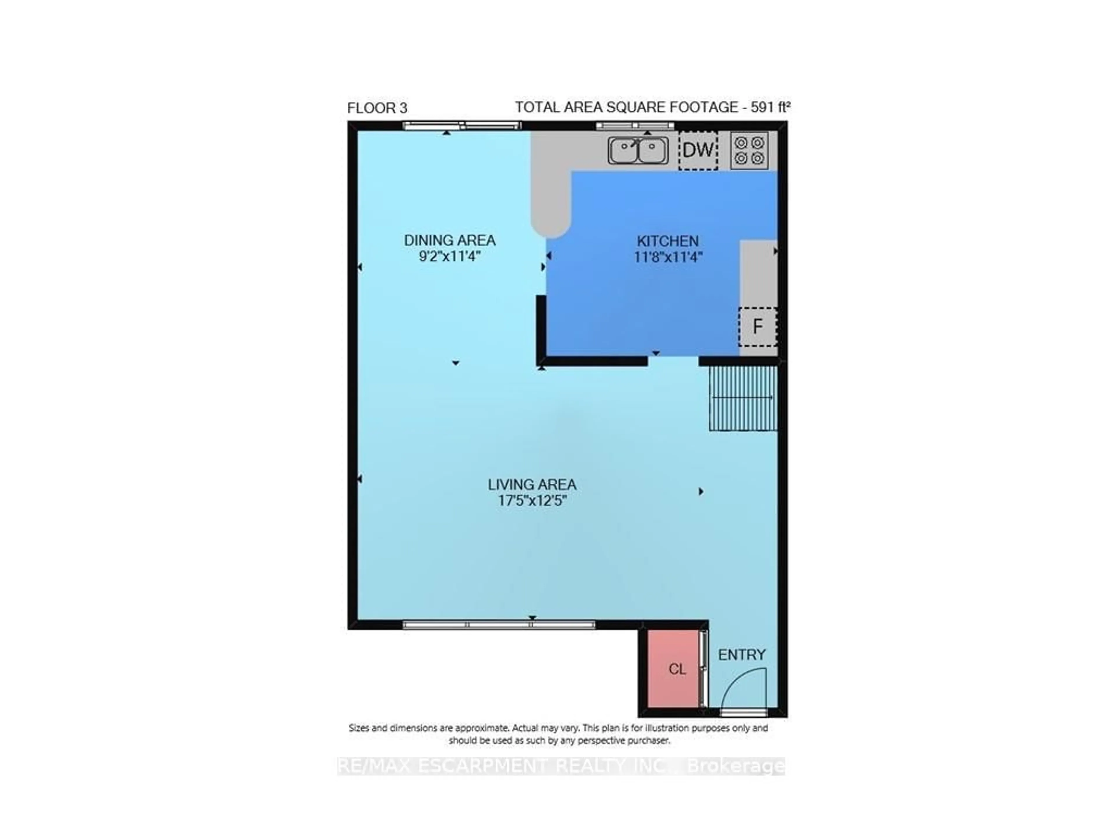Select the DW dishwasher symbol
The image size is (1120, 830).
coord(698,150)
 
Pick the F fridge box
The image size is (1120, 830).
coord(757,326)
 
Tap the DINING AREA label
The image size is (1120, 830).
coord(449,240)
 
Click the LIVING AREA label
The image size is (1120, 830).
coord(532,485)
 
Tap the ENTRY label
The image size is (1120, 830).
coord(741,655)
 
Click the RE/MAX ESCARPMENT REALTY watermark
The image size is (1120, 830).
coord(561,766)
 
